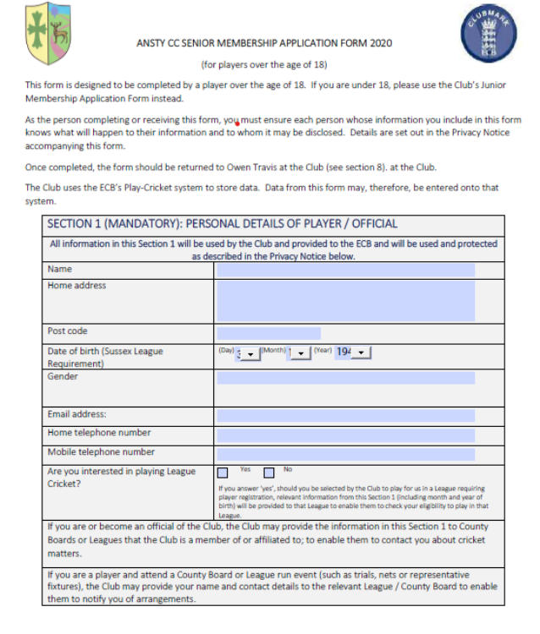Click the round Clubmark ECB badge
tap(489, 35)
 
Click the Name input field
tap(344, 270)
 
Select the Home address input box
tap(344, 301)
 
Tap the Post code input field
tap(268, 333)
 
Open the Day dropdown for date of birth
tap(250, 353)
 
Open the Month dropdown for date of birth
tap(300, 353)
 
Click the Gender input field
tap(344, 378)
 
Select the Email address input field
tap(344, 415)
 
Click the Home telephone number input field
tap(344, 435)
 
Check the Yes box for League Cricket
tap(223, 473)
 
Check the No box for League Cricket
tap(269, 473)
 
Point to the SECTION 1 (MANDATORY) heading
tap(222, 224)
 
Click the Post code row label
tap(68, 331)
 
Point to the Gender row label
tap(63, 377)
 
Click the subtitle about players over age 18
tap(263, 64)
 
